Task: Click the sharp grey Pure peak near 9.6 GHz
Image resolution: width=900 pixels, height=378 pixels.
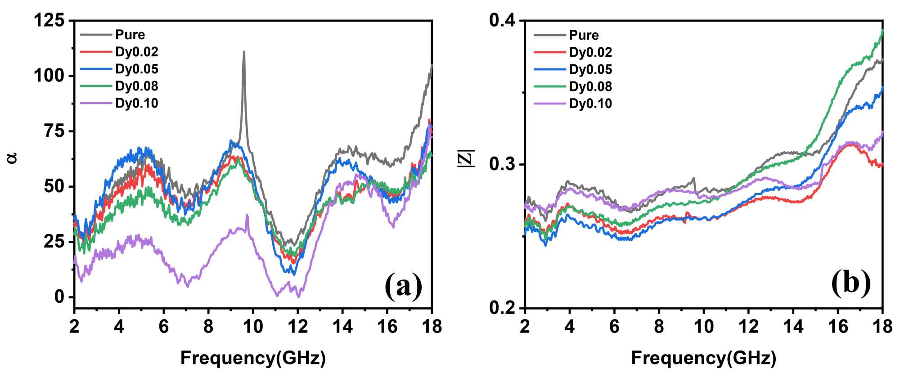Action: click(244, 52)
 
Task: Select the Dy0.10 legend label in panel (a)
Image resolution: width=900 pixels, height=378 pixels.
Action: click(136, 103)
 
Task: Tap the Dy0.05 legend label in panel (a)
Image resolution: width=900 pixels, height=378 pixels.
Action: click(136, 69)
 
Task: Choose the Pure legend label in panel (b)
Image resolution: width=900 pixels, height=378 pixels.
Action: click(584, 35)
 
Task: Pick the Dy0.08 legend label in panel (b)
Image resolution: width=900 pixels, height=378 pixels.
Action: click(590, 86)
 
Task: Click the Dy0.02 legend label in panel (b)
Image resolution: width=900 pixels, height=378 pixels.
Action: click(590, 52)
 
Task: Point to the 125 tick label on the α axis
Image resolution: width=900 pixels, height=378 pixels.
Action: click(49, 20)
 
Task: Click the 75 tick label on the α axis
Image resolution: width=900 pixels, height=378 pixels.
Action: click(54, 131)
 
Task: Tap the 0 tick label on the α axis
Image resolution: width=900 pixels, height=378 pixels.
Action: click(59, 297)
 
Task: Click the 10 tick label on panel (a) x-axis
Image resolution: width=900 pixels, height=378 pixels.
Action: click(253, 326)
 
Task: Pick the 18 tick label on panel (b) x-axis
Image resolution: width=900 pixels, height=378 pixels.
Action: click(882, 326)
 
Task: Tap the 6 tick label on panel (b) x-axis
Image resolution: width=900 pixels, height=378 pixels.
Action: click(614, 326)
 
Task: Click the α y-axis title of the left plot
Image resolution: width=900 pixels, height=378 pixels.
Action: click(13, 157)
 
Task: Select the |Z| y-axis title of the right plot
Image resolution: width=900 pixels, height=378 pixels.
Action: click(467, 158)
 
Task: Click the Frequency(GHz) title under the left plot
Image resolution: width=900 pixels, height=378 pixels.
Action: click(253, 358)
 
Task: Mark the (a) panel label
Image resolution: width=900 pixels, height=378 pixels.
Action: click(404, 285)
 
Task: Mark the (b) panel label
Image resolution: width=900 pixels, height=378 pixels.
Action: click(851, 283)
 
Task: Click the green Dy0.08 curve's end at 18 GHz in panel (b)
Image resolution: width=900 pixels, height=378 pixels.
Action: click(882, 31)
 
